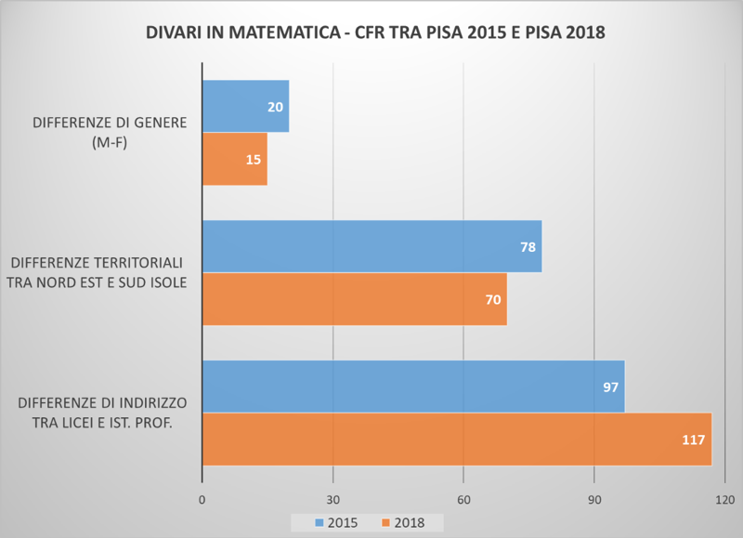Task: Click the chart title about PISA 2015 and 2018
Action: [375, 33]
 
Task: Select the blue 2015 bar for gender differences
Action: [245, 106]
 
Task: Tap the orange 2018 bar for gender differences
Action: [235, 159]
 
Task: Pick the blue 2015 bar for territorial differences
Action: [372, 246]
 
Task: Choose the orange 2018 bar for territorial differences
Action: [355, 299]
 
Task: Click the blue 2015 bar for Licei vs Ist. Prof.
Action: [413, 387]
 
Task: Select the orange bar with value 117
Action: [457, 439]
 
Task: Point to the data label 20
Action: [275, 107]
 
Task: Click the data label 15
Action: [254, 160]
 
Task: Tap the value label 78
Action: [528, 247]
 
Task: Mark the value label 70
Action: [493, 300]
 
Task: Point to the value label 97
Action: [611, 387]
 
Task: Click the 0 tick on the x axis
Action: [202, 500]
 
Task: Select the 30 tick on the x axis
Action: [333, 500]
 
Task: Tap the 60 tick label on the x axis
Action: [463, 500]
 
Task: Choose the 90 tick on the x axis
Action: [594, 500]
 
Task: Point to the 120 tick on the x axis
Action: [725, 500]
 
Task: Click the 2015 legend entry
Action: [336, 523]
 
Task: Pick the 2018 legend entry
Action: [403, 523]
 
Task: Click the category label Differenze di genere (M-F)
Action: [110, 132]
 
